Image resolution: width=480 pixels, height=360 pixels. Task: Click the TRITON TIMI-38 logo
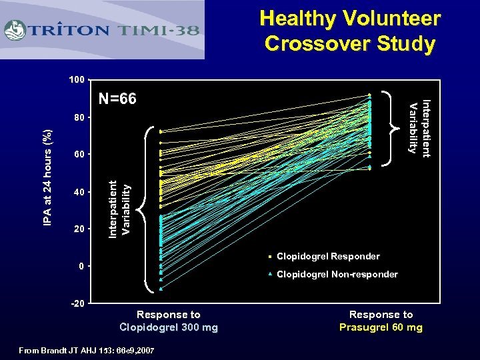tap(103, 31)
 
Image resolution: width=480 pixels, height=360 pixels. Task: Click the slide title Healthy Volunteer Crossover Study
tap(349, 31)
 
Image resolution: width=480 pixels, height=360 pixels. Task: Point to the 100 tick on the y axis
tap(77, 80)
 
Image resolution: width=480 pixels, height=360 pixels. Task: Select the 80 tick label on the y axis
tap(79, 117)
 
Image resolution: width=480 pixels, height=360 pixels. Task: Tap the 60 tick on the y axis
tap(79, 155)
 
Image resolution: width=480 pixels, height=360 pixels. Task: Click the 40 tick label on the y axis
tap(79, 192)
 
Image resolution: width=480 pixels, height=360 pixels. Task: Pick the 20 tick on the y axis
tap(79, 229)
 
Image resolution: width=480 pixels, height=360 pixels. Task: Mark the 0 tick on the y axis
tap(81, 266)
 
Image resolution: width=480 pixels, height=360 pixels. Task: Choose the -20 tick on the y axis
tap(77, 303)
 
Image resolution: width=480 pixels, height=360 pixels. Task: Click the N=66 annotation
tap(117, 99)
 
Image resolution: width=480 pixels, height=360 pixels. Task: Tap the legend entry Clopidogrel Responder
tap(327, 256)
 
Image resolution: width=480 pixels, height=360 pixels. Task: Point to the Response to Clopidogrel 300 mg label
tap(168, 321)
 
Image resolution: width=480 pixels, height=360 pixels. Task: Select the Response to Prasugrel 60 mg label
tap(381, 321)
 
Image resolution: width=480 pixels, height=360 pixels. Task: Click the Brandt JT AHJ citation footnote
tap(87, 350)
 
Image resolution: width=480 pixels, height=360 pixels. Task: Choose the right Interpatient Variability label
tap(419, 127)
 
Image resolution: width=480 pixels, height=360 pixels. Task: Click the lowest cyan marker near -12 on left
tap(161, 289)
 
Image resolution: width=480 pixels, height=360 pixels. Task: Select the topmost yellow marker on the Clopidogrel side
tap(161, 131)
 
